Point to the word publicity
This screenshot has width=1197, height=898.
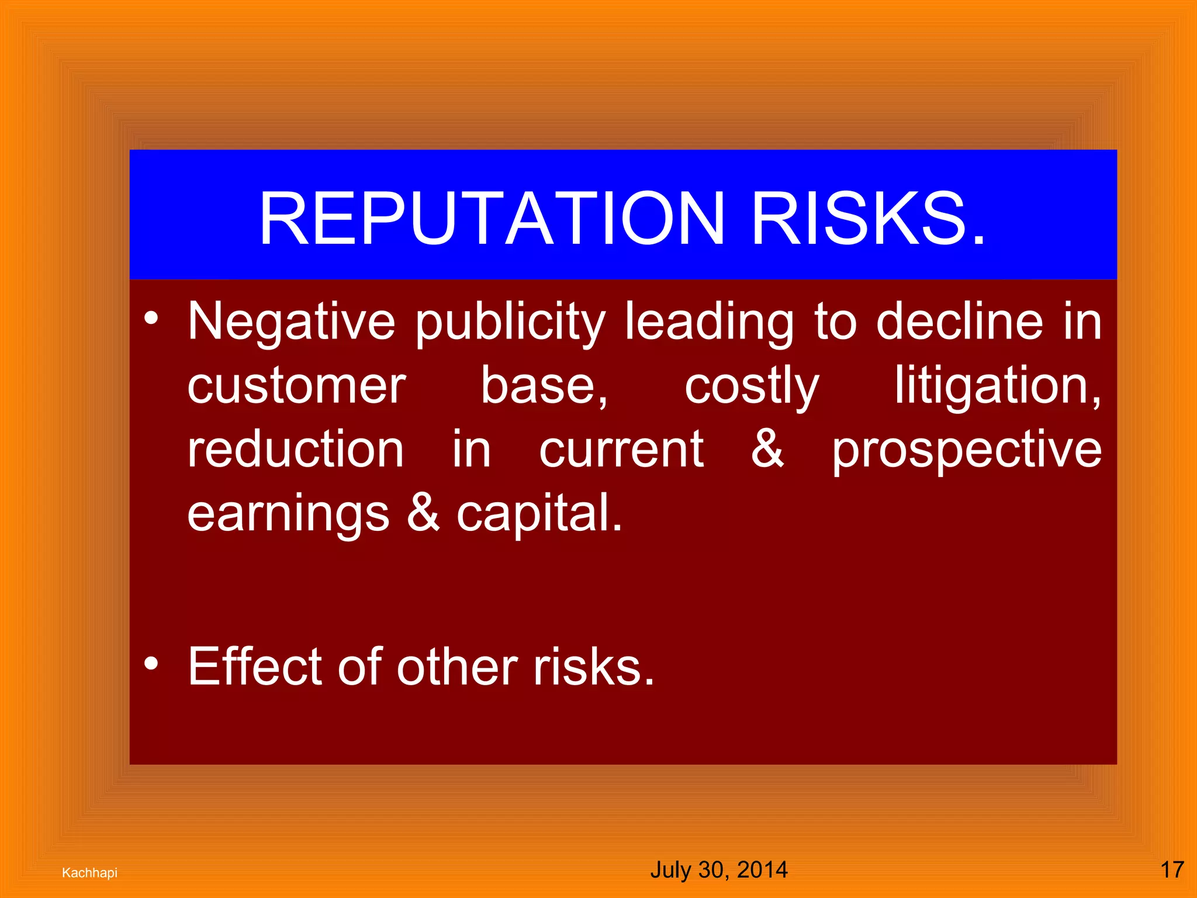click(510, 322)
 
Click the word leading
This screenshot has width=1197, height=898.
click(709, 322)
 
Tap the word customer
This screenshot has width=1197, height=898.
click(297, 386)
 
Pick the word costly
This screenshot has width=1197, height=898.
click(752, 386)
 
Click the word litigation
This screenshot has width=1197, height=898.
click(997, 386)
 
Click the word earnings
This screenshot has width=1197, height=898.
click(288, 514)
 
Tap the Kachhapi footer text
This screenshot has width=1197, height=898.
click(89, 872)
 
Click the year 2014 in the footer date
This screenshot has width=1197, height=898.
click(762, 869)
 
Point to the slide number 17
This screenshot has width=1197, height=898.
click(1172, 869)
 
